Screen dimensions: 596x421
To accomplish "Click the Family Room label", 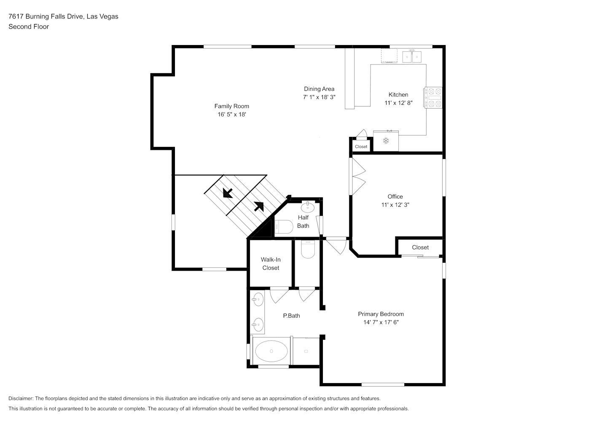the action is click(x=231, y=106).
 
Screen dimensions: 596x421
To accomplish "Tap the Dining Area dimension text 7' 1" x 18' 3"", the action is click(x=319, y=97).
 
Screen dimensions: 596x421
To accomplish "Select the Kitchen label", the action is click(x=398, y=95).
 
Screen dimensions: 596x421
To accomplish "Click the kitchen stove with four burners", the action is click(x=433, y=98).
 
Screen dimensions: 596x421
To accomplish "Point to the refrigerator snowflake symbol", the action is click(x=386, y=141).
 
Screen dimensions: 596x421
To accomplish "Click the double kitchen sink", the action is click(x=412, y=56).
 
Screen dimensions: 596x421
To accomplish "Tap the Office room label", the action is click(x=395, y=197).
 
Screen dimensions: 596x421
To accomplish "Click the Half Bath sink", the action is click(x=308, y=207).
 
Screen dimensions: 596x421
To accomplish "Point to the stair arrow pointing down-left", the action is click(x=228, y=193).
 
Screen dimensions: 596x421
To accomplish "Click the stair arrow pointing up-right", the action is click(x=259, y=207).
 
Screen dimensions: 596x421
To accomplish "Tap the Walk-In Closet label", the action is click(x=271, y=264).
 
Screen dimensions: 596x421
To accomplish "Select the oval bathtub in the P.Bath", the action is click(x=271, y=351).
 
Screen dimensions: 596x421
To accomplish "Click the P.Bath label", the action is click(x=291, y=315).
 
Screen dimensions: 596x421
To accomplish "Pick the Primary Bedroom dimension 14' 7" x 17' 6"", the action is click(x=381, y=322).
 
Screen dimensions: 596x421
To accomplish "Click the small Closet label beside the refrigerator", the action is click(x=361, y=147).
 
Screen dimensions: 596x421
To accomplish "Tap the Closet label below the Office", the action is click(x=420, y=247).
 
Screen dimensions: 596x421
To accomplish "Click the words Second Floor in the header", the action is click(x=29, y=27).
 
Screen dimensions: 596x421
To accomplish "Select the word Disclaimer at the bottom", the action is click(x=21, y=398).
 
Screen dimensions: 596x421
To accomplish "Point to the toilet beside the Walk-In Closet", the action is click(x=308, y=249).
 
